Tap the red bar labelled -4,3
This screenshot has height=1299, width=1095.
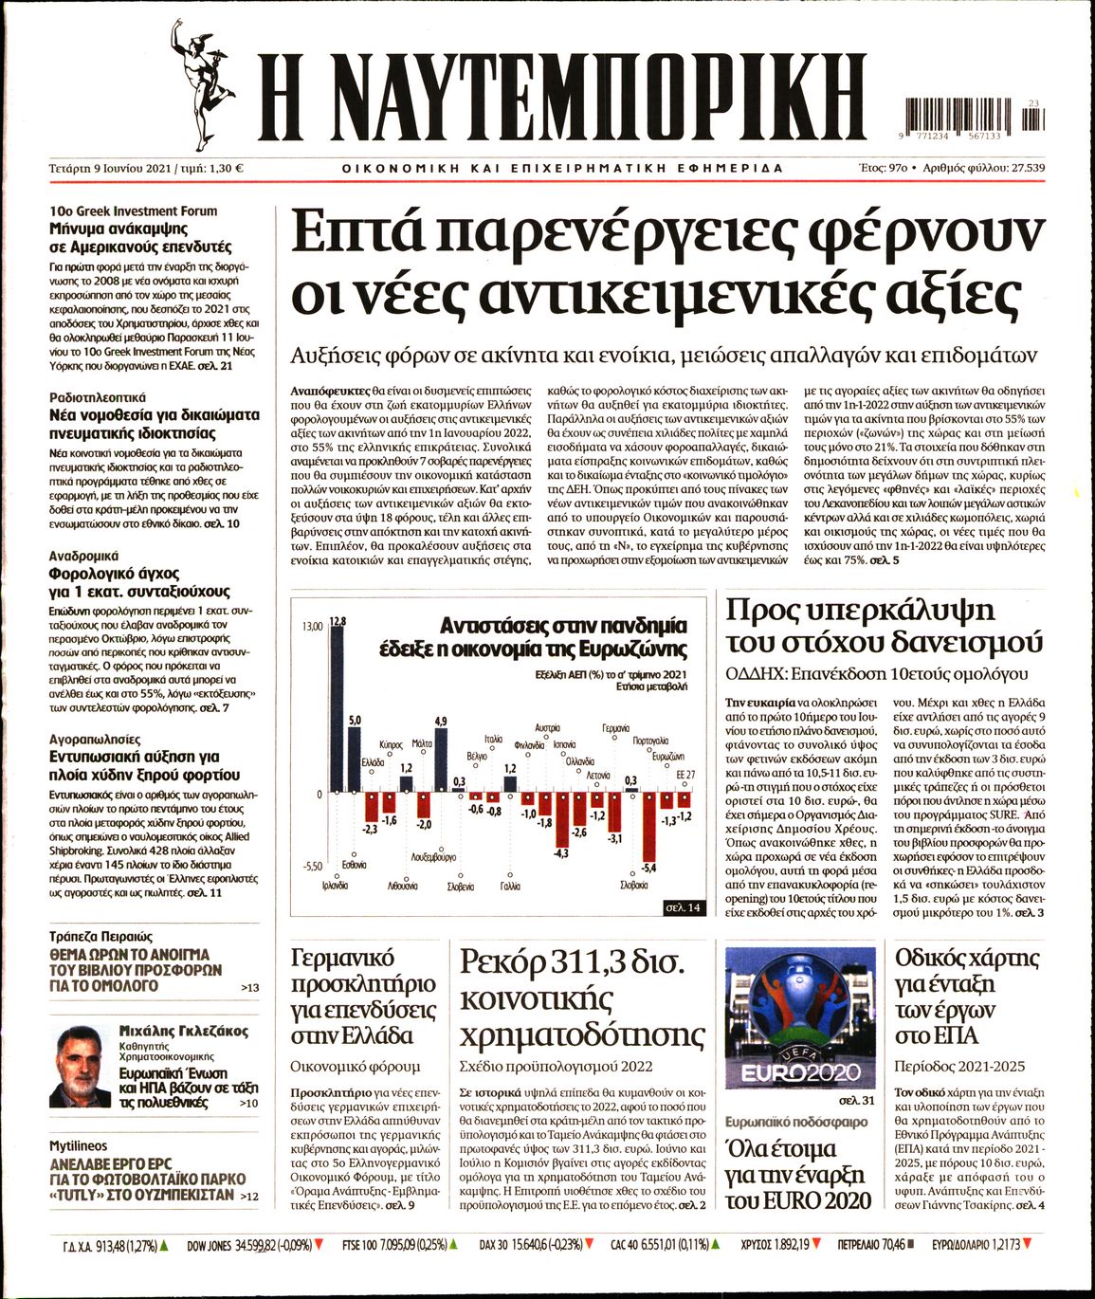pyautogui.click(x=561, y=820)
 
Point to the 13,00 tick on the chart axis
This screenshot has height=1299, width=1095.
pyautogui.click(x=312, y=628)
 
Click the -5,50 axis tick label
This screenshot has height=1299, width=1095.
pyautogui.click(x=312, y=867)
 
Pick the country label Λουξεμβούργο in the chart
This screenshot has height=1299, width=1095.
pyautogui.click(x=433, y=856)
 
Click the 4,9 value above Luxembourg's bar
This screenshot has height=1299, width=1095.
pyautogui.click(x=441, y=722)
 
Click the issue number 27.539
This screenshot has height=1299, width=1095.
pyautogui.click(x=1022, y=168)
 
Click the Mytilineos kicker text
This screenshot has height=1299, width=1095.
pyautogui.click(x=78, y=1146)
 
